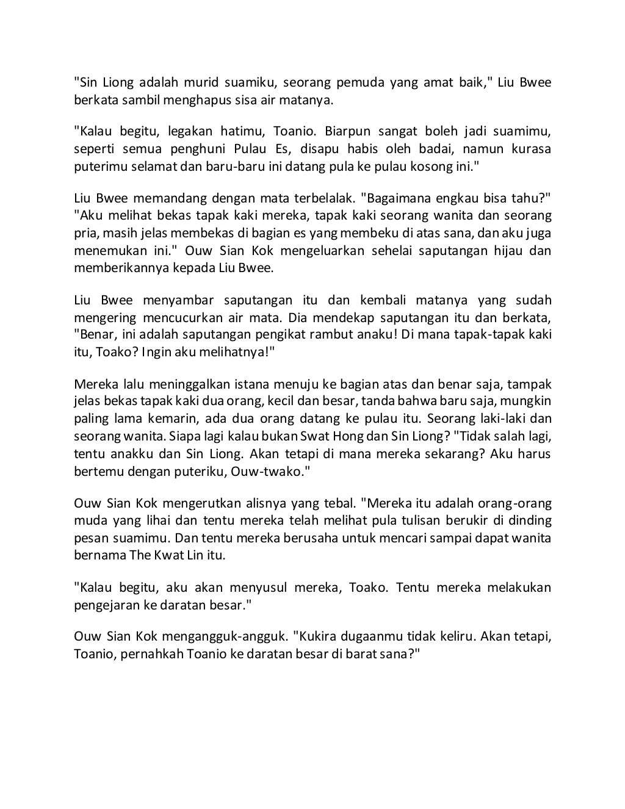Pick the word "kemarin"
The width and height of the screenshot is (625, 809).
174,419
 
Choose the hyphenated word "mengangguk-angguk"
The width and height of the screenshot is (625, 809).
224,638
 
